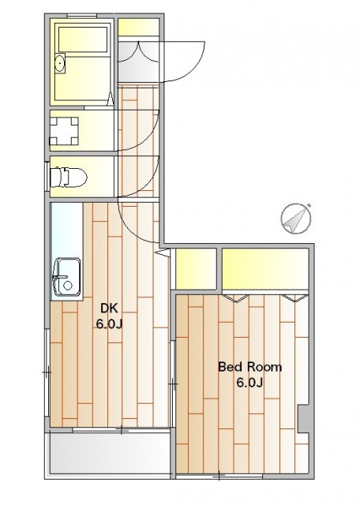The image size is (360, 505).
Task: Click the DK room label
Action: click(109, 309)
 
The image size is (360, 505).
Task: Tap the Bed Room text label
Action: click(249, 367)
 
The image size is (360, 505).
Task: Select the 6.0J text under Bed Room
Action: click(249, 383)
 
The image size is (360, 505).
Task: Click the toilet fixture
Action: click(69, 177)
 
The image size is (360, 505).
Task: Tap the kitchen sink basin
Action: click(66, 277)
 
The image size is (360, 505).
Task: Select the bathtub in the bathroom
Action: click(83, 39)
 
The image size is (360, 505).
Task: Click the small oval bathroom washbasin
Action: click(60, 63)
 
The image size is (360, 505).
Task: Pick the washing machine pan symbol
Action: click(64, 131)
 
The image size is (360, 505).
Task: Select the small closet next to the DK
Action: click(196, 269)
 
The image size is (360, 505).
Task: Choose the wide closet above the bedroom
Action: click(265, 269)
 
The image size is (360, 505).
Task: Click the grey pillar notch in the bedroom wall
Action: click(303, 418)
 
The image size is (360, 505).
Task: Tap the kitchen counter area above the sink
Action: click(67, 230)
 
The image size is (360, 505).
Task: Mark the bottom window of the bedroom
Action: click(219, 475)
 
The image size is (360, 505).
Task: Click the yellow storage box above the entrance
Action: click(138, 28)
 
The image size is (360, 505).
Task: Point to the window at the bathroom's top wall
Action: click(82, 16)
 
